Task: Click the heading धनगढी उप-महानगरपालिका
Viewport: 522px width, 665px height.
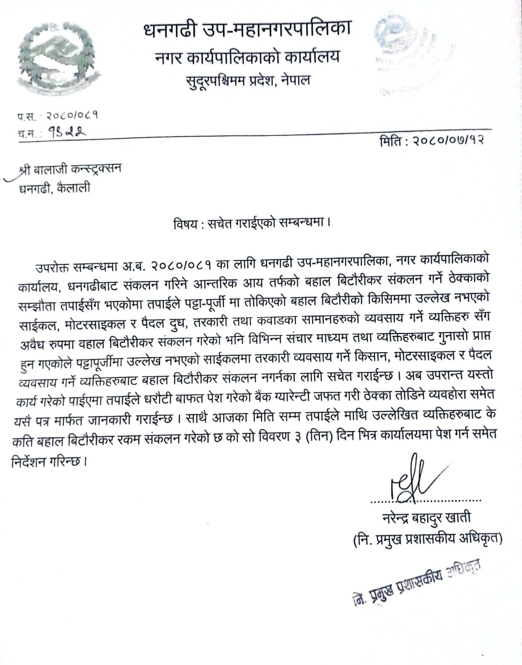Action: [x=246, y=30]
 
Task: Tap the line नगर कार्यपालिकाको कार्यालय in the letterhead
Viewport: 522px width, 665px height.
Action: [x=247, y=57]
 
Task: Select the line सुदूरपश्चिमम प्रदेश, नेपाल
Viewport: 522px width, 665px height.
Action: [x=247, y=79]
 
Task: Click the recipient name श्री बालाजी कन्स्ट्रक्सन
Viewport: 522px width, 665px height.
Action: [x=71, y=169]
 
